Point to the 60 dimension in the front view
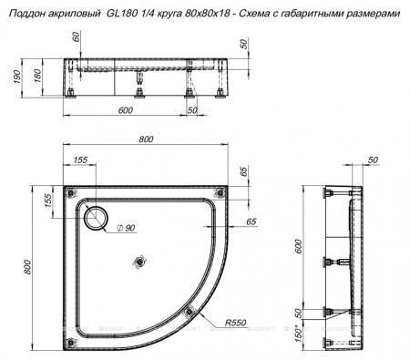[76, 41]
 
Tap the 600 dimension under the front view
[127, 110]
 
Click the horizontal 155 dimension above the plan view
[80, 159]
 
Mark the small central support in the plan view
[138, 262]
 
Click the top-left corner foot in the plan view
[72, 192]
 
